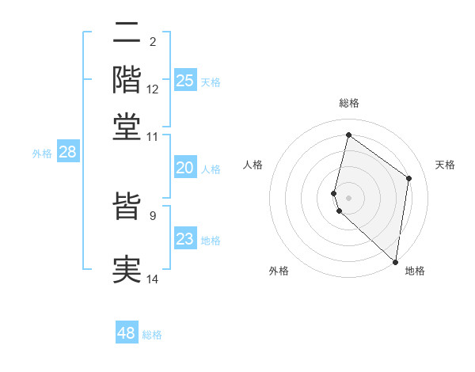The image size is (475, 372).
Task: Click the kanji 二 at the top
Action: pos(127,34)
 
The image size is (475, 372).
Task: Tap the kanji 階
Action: pos(127,79)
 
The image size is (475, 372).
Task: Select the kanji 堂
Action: pos(127,126)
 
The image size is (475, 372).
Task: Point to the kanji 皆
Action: pos(127,207)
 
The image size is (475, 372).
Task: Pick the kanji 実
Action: pos(127,270)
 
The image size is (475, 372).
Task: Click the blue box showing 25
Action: pos(185,81)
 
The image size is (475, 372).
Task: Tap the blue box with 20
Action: pos(185,168)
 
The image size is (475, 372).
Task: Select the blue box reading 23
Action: pos(185,239)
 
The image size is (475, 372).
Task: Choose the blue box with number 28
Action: pos(67,153)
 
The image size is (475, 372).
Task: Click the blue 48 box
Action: pos(127,333)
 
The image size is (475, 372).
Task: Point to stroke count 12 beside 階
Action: pos(153,90)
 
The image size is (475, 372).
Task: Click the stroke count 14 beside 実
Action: pos(153,279)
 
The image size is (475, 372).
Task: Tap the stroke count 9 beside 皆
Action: pos(153,214)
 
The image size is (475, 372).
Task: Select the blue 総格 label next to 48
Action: pos(152,335)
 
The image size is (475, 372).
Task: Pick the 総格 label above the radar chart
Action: pos(348,103)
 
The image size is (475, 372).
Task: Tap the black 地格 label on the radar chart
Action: pos(415,271)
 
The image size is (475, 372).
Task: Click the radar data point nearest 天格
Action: pos(409,178)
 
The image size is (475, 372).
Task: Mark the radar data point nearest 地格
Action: pos(395,262)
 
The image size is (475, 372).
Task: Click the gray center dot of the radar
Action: pos(348,197)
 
